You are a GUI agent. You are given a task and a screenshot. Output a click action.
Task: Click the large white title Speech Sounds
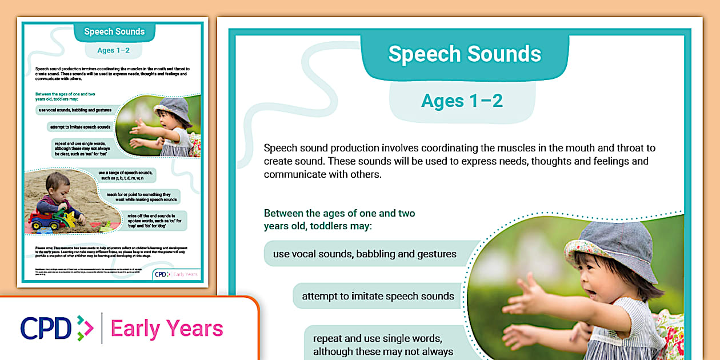[x=465, y=54]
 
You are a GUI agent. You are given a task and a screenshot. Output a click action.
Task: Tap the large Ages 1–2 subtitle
[x=462, y=101]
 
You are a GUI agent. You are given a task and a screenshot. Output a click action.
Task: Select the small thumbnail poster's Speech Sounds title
[x=114, y=32]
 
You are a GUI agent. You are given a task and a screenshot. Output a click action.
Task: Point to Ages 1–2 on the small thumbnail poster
[x=113, y=50]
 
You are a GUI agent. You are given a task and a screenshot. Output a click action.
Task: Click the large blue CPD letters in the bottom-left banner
[x=46, y=329]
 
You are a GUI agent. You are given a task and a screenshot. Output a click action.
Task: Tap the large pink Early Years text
[x=167, y=329]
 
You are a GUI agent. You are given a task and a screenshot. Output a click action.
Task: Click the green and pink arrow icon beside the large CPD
[x=85, y=329]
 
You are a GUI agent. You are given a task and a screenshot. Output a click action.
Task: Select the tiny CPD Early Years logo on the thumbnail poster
[x=177, y=274]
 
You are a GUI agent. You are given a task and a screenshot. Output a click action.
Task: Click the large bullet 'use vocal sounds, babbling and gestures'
[x=365, y=254]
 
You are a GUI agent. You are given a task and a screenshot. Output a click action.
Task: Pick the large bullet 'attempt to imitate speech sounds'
[x=378, y=296]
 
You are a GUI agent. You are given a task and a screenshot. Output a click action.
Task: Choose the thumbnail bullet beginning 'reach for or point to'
[x=142, y=197]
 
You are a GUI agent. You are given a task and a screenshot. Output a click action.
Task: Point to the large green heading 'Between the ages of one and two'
[x=339, y=213]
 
